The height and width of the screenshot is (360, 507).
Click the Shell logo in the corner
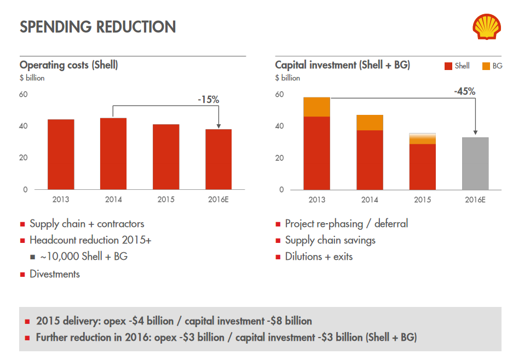[x=486, y=27]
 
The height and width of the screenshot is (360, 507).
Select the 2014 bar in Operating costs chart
[x=113, y=154]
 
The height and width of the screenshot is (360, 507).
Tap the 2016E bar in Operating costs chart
[x=218, y=159]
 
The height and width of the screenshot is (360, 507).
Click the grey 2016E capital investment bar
[x=475, y=163]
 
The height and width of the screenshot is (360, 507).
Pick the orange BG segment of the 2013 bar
[x=316, y=107]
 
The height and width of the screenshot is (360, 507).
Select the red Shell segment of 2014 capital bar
[x=370, y=160]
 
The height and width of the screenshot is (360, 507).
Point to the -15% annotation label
[x=208, y=100]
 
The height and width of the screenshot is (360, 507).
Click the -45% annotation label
[x=464, y=91]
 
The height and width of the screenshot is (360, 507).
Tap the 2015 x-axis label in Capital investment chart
[x=422, y=200]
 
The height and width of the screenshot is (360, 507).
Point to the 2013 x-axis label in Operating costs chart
[x=61, y=200]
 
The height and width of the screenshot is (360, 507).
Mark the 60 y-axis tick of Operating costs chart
[x=24, y=95]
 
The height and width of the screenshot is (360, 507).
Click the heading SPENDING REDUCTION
[x=97, y=27]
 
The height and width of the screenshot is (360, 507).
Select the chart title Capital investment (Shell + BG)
[x=342, y=65]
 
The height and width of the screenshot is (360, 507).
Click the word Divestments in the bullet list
[x=55, y=274]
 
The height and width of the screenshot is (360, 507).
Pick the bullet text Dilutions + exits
[x=319, y=256]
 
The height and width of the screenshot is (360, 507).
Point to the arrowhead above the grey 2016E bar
[x=475, y=132]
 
